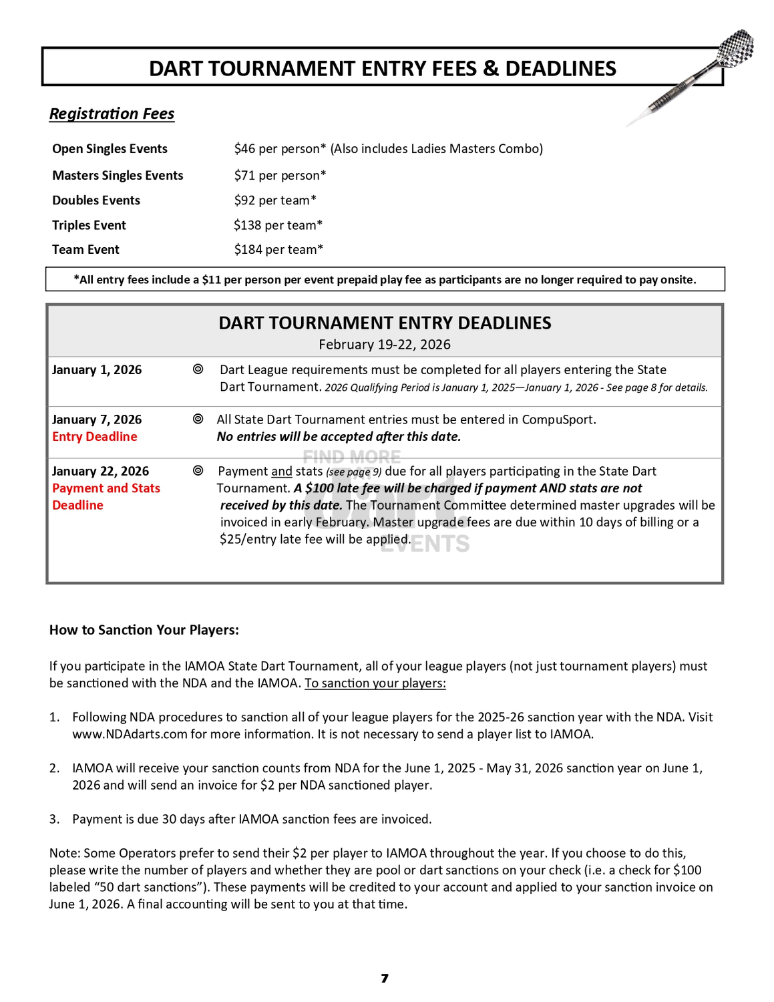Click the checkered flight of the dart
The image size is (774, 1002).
pyautogui.click(x=737, y=46)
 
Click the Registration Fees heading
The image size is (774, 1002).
pyautogui.click(x=112, y=114)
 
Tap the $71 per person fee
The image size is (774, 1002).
pyautogui.click(x=280, y=176)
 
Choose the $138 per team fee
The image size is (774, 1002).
pyautogui.click(x=278, y=225)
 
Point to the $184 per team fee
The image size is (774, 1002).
pyautogui.click(x=278, y=250)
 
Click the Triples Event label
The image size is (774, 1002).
pyautogui.click(x=89, y=225)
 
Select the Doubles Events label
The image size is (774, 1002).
pyautogui.click(x=96, y=200)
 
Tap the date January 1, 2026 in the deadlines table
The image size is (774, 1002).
pyautogui.click(x=97, y=370)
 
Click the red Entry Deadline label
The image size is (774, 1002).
pyautogui.click(x=95, y=437)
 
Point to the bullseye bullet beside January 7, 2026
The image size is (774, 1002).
pyautogui.click(x=198, y=419)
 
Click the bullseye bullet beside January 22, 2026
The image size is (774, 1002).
pyautogui.click(x=198, y=470)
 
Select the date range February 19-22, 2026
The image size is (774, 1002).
pyautogui.click(x=385, y=345)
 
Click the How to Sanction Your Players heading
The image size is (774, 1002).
pyautogui.click(x=144, y=630)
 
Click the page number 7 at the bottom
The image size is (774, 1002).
pyautogui.click(x=385, y=979)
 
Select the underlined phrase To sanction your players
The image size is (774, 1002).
pyautogui.click(x=375, y=683)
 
